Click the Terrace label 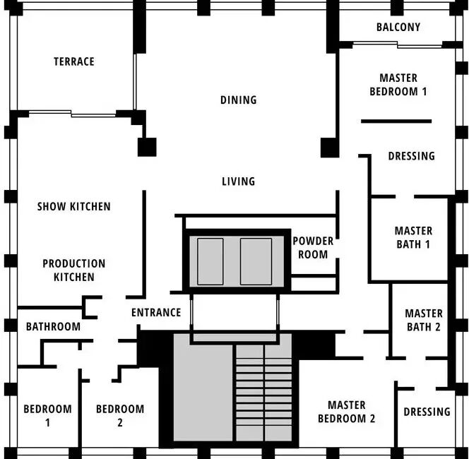tap(74, 61)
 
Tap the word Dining tap(239, 100)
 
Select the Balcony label tap(398, 28)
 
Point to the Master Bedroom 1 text tap(398, 85)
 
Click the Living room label tap(239, 181)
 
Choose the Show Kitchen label tap(74, 207)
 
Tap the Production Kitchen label tap(74, 270)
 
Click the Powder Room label tap(313, 248)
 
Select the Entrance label tap(156, 313)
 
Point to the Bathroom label tap(53, 326)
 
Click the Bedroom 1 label tap(47, 416)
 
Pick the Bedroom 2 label tap(120, 416)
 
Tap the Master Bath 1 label tap(413, 238)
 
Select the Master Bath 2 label tap(424, 321)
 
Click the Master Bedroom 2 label tap(347, 412)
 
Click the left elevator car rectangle tap(210, 262)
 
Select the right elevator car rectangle tap(256, 262)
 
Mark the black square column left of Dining tap(147, 147)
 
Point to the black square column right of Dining tap(330, 148)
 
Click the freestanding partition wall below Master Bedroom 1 tap(396, 121)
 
